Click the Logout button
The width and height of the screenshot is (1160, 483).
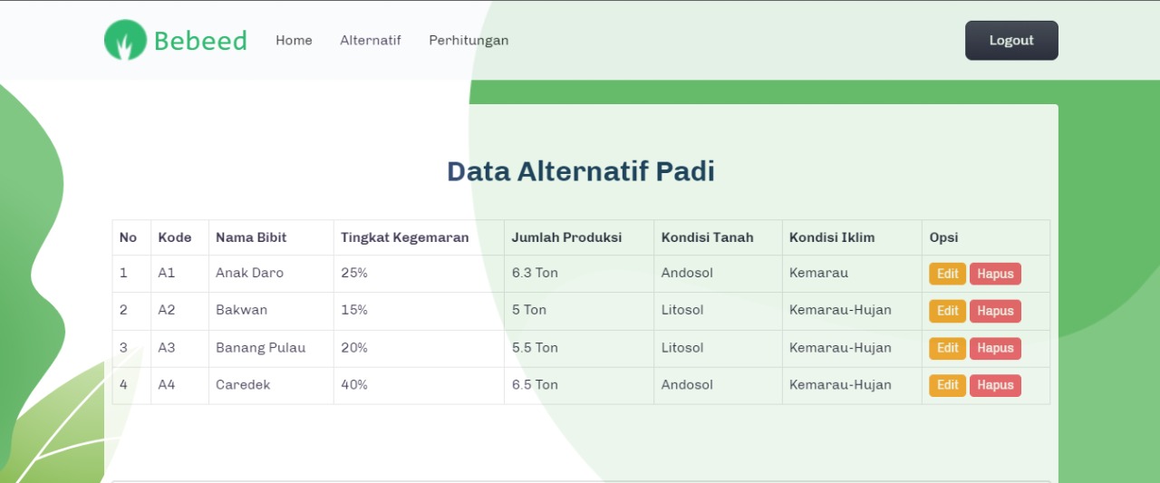click(1011, 41)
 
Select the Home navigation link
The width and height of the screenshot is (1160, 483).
click(294, 41)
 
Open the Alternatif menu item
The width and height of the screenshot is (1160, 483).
click(370, 41)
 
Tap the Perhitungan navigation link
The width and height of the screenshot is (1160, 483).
click(469, 41)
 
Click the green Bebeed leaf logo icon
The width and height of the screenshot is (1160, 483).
click(125, 41)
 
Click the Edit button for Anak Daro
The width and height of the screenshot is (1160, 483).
click(947, 274)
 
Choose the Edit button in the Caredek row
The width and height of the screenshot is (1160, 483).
click(947, 385)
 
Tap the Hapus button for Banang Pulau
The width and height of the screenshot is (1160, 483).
click(995, 348)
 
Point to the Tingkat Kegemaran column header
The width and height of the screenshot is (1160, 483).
click(404, 237)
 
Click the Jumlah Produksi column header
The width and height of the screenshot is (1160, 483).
click(566, 237)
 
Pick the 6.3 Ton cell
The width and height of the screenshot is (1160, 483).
click(535, 273)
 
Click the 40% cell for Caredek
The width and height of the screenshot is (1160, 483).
click(354, 385)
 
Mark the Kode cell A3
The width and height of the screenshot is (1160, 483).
click(167, 348)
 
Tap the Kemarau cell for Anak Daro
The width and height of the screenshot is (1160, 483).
click(818, 273)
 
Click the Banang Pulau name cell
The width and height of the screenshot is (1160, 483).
click(260, 348)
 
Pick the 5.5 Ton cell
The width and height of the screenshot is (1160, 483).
click(535, 348)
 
